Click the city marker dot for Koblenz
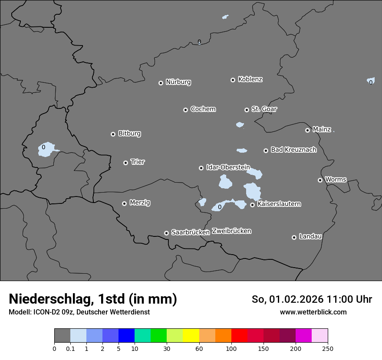tap(233, 80)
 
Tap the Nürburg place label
tap(178, 82)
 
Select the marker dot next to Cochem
tap(185, 110)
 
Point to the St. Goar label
tap(264, 109)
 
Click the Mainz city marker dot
tap(307, 130)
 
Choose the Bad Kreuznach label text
tap(293, 150)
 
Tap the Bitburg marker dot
tap(113, 134)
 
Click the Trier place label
tap(138, 162)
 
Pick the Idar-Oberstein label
tap(228, 167)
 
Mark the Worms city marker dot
tap(320, 180)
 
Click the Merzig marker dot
tap(124, 203)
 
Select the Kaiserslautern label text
tap(279, 204)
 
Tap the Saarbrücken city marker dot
tap(166, 233)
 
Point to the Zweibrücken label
tap(231, 231)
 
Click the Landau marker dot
tap(294, 237)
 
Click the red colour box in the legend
tap(239, 336)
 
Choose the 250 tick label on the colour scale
tap(327, 348)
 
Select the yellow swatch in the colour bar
tap(191, 336)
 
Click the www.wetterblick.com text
tap(313, 312)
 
